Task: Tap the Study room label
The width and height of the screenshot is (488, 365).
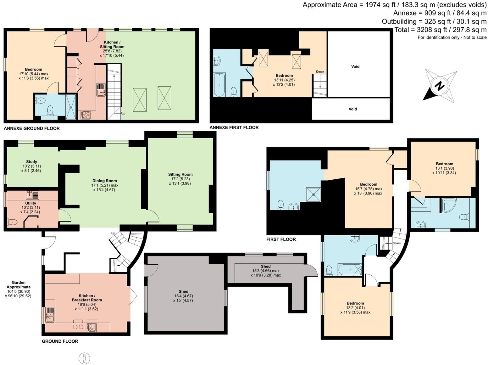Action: [31, 166]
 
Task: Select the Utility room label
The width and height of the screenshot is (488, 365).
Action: [30, 208]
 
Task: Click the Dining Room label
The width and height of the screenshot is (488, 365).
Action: [104, 185]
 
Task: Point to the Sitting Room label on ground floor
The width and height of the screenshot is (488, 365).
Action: [180, 179]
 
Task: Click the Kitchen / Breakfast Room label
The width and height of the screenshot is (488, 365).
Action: [86, 302]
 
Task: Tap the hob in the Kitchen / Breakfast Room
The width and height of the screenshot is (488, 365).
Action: [91, 328]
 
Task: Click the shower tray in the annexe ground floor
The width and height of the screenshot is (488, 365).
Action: [71, 107]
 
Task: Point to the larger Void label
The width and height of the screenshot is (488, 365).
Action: [355, 66]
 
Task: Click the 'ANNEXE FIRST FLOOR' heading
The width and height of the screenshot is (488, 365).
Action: [234, 127]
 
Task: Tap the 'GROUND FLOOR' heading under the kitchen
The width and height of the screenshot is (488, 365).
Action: [60, 341]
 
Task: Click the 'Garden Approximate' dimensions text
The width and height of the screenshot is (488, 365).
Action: [19, 289]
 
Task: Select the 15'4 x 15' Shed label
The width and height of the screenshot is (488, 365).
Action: [183, 296]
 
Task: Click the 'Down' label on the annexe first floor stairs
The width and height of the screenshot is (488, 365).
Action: [320, 72]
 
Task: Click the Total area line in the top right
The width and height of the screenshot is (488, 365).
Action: [440, 30]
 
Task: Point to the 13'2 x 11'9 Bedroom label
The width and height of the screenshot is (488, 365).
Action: [355, 308]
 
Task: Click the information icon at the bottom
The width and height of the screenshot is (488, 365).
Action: [84, 358]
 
